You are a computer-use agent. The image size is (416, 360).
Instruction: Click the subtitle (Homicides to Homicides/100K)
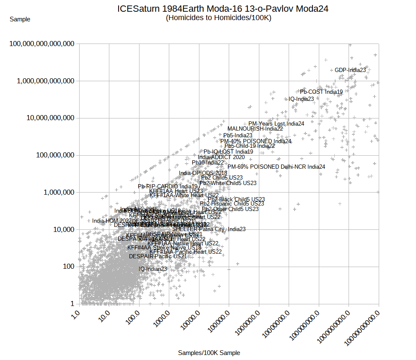pyautogui.click(x=218, y=18)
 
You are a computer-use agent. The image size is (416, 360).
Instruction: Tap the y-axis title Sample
pyautogui.click(x=20, y=19)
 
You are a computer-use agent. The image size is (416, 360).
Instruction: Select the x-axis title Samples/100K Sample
pyautogui.click(x=209, y=353)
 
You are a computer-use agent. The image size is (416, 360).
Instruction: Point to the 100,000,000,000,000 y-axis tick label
pyautogui.click(x=39, y=44)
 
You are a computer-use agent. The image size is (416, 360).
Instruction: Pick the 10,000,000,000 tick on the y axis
pyautogui.click(x=48, y=118)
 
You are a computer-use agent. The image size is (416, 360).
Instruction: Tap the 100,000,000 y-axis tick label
pyautogui.click(x=53, y=155)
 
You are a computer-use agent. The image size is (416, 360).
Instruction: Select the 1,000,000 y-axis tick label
pyautogui.click(x=58, y=192)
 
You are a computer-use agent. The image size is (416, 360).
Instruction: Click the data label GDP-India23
pyautogui.click(x=350, y=70)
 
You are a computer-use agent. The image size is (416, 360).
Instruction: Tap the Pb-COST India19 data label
pyautogui.click(x=321, y=92)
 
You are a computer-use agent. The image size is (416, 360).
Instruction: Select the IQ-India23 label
pyautogui.click(x=301, y=99)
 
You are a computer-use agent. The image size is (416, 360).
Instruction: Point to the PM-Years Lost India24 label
pyautogui.click(x=276, y=123)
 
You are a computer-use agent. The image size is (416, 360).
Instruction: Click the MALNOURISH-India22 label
pyautogui.click(x=255, y=129)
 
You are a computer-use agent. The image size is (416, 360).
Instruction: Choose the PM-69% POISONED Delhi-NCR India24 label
pyautogui.click(x=276, y=167)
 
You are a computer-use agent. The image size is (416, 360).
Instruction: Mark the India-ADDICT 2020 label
pyautogui.click(x=221, y=157)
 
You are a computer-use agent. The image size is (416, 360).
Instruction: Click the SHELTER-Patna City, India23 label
pyautogui.click(x=209, y=229)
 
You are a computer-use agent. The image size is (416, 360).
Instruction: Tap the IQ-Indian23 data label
pyautogui.click(x=153, y=269)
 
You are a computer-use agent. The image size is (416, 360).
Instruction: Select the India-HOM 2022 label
pyautogui.click(x=112, y=221)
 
